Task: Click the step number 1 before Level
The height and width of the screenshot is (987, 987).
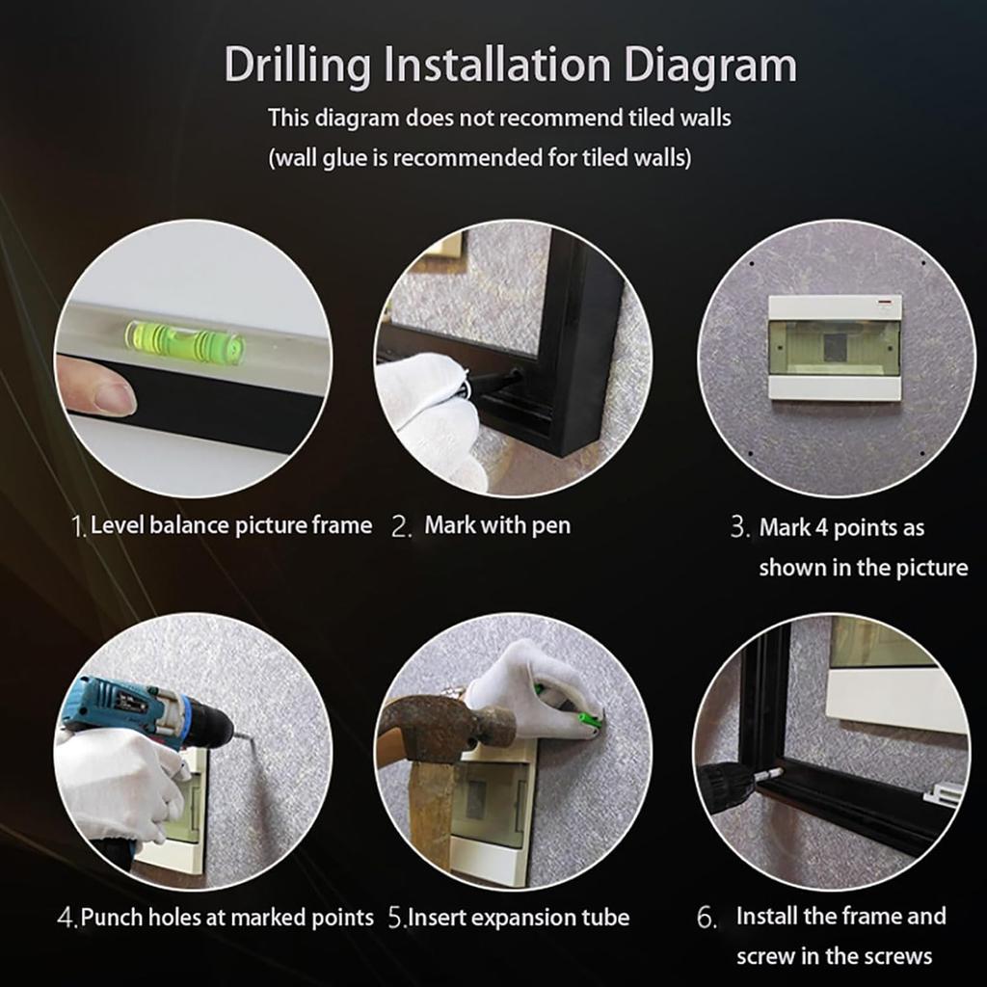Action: (78, 527)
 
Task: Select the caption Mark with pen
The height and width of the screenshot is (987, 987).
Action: (496, 525)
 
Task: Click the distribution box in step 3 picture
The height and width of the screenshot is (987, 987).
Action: (835, 347)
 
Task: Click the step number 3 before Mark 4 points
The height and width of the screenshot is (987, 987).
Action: (738, 528)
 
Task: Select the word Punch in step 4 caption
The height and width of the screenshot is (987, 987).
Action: (110, 917)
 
